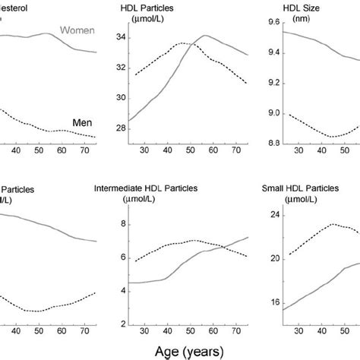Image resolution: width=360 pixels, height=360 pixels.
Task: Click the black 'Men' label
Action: (87, 120)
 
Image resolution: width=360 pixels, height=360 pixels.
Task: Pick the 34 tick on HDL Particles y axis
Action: (119, 36)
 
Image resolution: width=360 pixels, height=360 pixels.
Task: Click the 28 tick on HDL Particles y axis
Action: (119, 130)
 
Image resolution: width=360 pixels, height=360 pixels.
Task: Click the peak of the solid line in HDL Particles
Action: (205, 36)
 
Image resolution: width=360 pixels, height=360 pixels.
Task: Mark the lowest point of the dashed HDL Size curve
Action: (332, 137)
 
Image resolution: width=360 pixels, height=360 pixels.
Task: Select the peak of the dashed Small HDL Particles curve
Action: (333, 224)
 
